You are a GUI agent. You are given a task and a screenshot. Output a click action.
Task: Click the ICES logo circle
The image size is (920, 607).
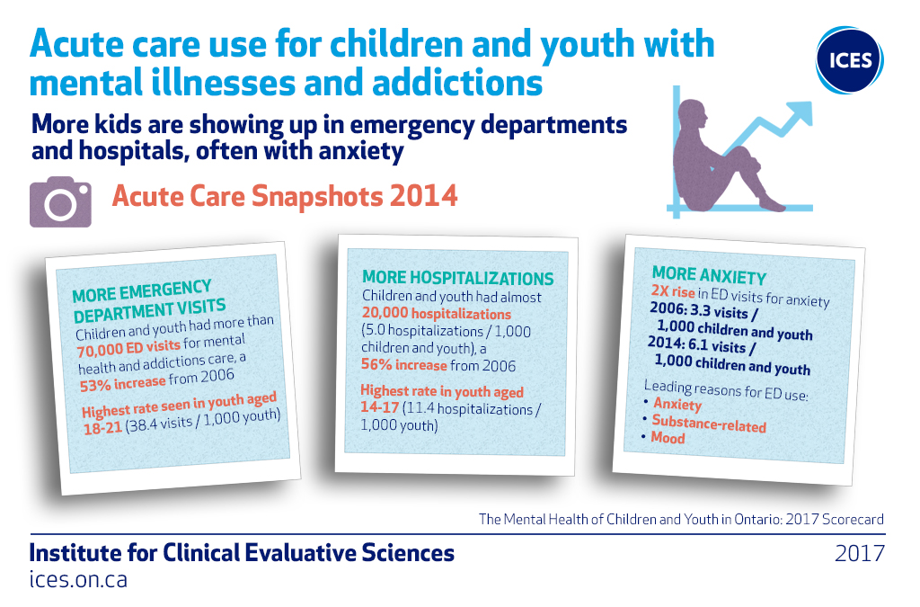click(x=850, y=60)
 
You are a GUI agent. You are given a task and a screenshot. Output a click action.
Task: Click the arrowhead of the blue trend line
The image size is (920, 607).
click(x=800, y=112)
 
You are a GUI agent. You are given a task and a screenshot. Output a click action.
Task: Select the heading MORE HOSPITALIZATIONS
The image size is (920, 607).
click(x=457, y=278)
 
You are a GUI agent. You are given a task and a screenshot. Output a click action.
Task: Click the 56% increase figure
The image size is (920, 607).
click(x=403, y=366)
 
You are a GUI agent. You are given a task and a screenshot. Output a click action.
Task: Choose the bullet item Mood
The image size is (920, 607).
click(x=668, y=439)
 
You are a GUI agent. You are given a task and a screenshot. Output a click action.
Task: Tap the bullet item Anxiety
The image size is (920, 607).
click(x=677, y=405)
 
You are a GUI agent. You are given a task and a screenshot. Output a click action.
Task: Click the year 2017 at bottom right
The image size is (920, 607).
click(x=859, y=553)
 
